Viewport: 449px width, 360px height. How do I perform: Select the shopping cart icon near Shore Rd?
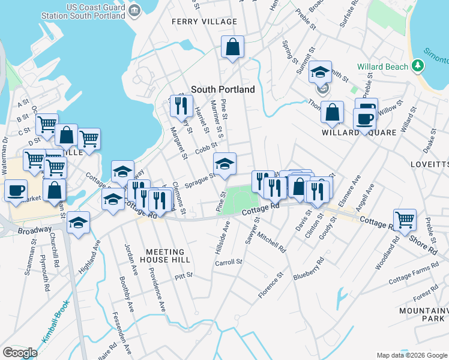[x=405, y=220]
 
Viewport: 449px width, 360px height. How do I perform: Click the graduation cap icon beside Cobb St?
[x=224, y=164]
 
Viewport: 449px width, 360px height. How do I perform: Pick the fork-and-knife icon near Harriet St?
[x=179, y=106]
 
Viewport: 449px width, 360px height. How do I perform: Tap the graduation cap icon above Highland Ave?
[x=78, y=223]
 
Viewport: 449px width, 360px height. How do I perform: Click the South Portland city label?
[x=223, y=89]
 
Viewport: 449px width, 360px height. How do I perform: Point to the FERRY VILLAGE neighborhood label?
[x=204, y=22]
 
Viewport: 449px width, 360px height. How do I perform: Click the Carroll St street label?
[x=228, y=262]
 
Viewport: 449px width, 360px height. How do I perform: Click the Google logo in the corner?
[x=20, y=352]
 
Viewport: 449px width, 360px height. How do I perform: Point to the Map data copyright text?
[x=411, y=355]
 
